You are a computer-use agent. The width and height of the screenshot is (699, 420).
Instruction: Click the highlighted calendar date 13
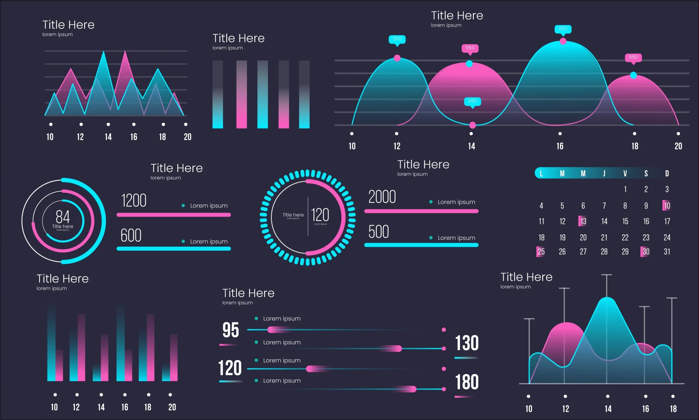(x=583, y=221)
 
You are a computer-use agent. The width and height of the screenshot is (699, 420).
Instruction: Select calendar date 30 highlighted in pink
(x=645, y=252)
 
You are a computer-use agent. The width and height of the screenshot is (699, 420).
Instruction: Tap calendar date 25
(x=541, y=252)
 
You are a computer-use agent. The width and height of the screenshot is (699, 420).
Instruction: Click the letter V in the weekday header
(x=625, y=173)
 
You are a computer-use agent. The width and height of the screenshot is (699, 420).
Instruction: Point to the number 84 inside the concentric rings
(x=63, y=217)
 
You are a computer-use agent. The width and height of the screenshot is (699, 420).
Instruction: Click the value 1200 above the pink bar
(x=134, y=201)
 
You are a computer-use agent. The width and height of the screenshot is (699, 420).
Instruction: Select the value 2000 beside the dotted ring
(x=382, y=197)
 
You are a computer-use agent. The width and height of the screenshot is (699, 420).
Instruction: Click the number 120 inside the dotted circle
(x=320, y=215)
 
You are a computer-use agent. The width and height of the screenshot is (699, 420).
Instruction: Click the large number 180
(x=467, y=382)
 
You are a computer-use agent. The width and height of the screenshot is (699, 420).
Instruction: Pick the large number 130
(x=467, y=343)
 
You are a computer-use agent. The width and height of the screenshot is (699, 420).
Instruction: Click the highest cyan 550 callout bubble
(x=563, y=29)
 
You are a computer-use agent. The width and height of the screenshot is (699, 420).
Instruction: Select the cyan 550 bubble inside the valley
(x=472, y=101)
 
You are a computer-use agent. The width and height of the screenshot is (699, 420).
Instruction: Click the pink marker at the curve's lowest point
(x=472, y=125)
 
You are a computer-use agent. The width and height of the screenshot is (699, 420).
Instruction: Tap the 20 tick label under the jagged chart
(x=187, y=137)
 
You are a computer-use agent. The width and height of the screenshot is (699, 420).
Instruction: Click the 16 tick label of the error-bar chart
(x=645, y=409)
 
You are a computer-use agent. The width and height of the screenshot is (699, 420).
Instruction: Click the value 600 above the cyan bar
(x=131, y=235)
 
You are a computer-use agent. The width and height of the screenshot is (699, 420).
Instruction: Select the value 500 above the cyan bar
(x=379, y=232)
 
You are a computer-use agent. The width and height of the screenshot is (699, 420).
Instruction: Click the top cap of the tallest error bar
(x=606, y=275)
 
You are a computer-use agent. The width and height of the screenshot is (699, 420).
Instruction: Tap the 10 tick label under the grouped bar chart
(x=54, y=407)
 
